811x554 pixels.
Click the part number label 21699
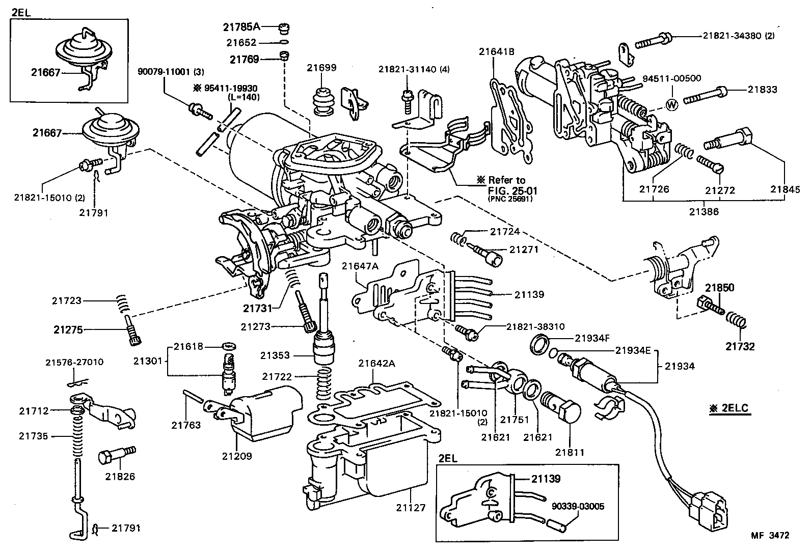(322, 68)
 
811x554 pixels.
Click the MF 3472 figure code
(770, 535)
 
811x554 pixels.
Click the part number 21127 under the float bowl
(411, 508)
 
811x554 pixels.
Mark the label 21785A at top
(242, 26)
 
